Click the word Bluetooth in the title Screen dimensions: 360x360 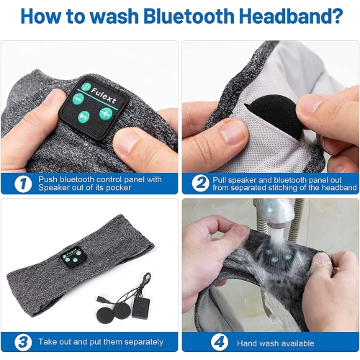(189, 16)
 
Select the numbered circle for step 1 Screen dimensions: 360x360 (23, 184)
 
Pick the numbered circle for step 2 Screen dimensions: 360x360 (200, 184)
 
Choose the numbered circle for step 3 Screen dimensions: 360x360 (23, 342)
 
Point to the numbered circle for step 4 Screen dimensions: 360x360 (220, 342)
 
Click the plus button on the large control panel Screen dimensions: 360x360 (106, 114)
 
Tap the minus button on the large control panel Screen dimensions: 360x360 (78, 99)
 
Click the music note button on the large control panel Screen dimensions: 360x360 (86, 86)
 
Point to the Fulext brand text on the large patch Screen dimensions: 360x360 (104, 95)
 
